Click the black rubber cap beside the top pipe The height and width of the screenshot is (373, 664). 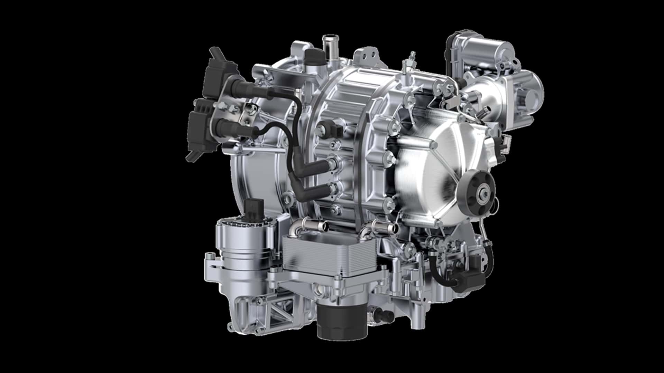coord(313,56)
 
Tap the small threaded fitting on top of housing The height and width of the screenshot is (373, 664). coord(412,57)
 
